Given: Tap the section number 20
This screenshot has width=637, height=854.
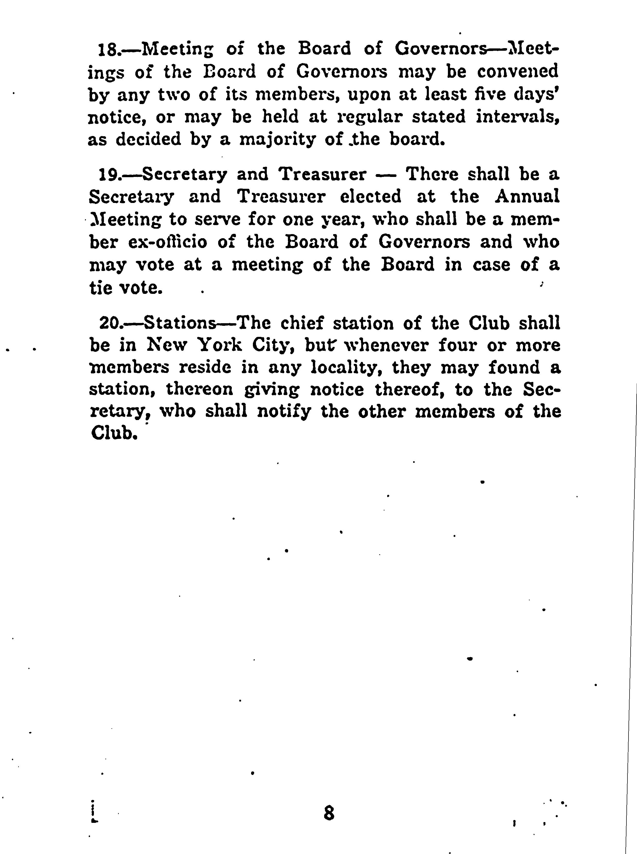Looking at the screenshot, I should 110,323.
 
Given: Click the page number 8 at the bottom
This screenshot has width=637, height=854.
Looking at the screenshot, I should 329,812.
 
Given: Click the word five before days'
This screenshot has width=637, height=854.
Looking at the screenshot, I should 490,94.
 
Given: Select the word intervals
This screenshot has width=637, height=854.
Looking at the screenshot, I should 517,117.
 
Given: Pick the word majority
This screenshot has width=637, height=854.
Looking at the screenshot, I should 277,140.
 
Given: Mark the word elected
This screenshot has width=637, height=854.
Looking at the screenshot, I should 370,197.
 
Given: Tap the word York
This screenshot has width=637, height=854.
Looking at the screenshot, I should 220,345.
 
